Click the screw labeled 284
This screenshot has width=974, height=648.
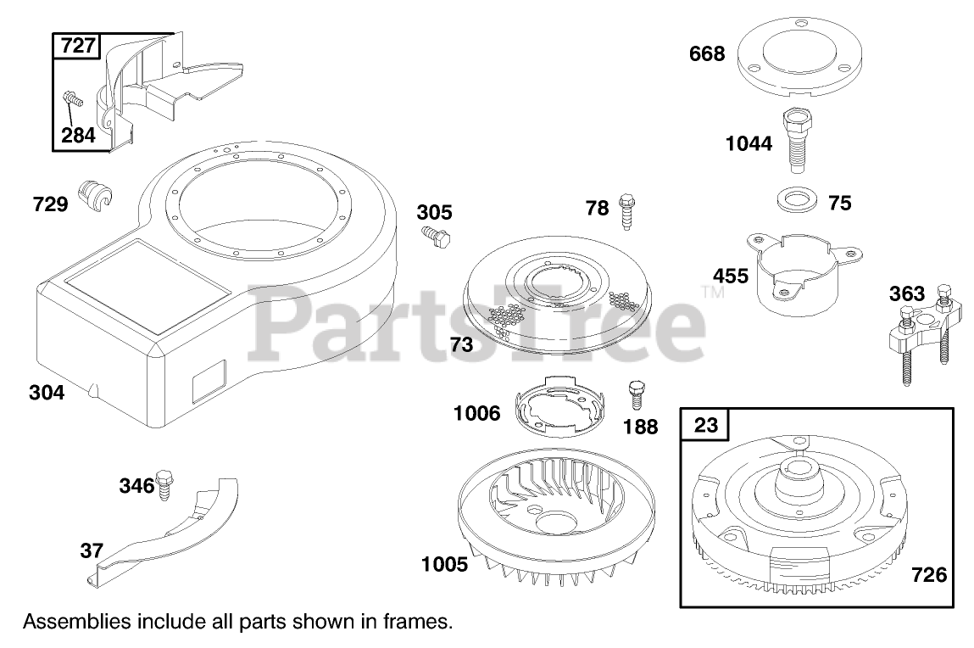[x=73, y=98]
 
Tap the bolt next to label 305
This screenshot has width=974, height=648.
[x=436, y=237]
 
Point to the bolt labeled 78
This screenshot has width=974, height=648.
[x=626, y=211]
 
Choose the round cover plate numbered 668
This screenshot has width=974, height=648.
[x=799, y=62]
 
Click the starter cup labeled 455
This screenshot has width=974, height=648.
[x=804, y=272]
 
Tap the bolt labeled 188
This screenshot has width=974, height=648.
[x=636, y=395]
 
